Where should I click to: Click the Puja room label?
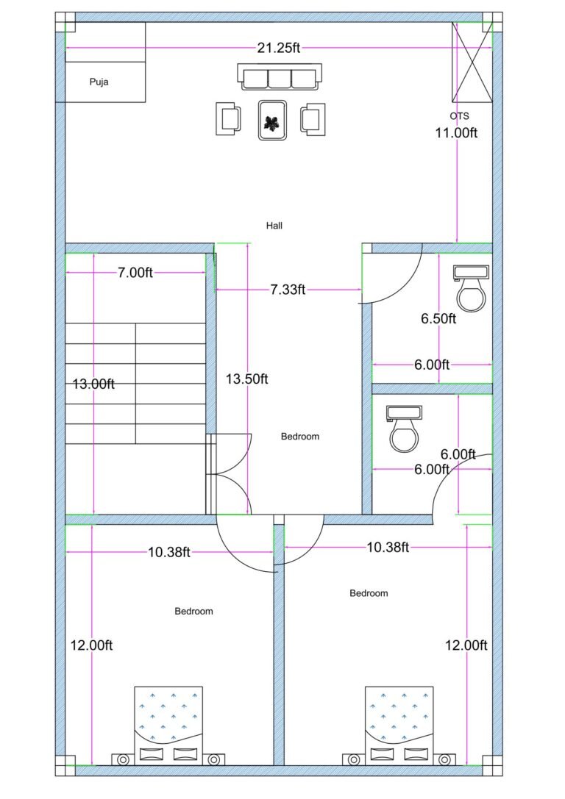99,82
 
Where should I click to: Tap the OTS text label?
459,116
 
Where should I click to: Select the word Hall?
274,226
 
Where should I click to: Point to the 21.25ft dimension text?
279,48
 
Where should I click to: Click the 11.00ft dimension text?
456,133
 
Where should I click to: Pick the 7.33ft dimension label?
287,290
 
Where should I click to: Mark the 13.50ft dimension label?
246,379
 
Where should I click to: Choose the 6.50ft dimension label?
438,319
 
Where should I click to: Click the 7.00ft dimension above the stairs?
135,273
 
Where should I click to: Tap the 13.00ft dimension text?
93,384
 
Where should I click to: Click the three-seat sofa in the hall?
280,77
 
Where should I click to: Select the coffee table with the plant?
273,119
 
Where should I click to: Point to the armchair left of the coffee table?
228,119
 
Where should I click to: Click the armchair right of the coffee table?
313,119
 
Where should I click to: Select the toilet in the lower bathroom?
403,429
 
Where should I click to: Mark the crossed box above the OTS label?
472,62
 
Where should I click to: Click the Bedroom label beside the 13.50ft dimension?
300,437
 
